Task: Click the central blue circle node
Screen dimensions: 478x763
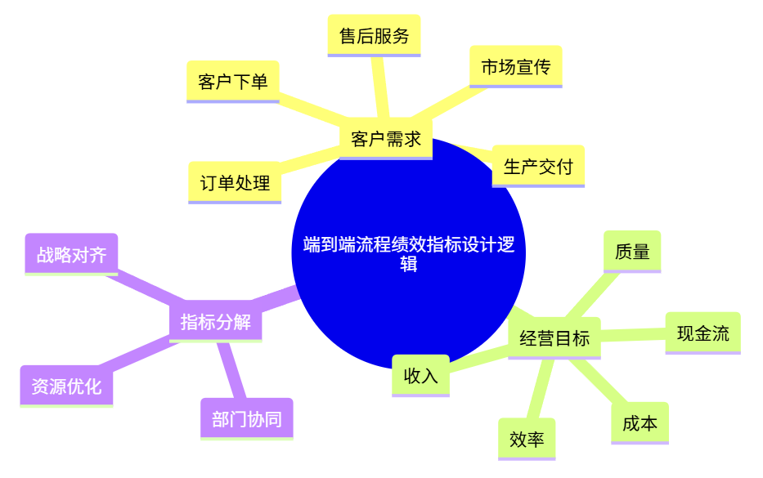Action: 408,253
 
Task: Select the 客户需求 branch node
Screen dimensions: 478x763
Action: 385,139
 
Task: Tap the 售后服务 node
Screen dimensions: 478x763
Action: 374,36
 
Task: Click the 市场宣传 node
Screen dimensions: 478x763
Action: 515,67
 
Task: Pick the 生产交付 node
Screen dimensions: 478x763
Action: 538,167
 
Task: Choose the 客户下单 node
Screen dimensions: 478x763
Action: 232,82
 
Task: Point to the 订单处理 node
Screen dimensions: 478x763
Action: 235,183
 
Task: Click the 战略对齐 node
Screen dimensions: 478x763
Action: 71,255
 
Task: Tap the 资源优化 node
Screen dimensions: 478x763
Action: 66,386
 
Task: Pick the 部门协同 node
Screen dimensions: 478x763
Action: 246,419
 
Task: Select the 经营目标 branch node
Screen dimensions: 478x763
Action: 554,337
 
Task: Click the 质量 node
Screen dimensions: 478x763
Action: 631,252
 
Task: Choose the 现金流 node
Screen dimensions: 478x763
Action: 702,333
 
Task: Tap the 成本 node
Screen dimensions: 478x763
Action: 640,423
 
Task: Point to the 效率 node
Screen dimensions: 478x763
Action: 527,440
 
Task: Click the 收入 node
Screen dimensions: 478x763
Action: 420,376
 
